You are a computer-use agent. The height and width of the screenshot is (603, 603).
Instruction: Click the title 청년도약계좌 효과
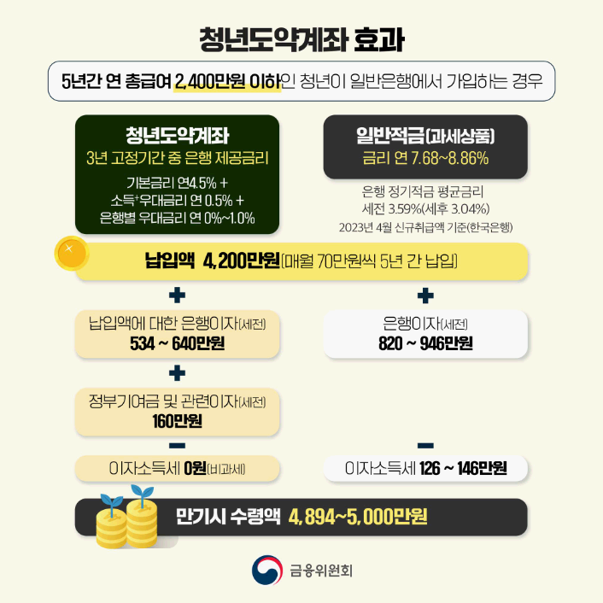[x=301, y=39]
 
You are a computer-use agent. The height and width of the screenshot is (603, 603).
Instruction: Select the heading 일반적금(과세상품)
[x=425, y=137]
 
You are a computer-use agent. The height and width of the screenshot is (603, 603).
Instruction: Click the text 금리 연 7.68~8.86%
[x=425, y=159]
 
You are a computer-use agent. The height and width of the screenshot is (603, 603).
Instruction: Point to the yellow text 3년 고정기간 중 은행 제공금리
[x=178, y=159]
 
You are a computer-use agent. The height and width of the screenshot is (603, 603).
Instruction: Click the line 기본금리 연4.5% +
[x=178, y=183]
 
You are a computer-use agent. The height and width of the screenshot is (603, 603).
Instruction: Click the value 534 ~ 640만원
[x=178, y=344]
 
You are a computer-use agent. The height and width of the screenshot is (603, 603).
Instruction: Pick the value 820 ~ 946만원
[x=425, y=344]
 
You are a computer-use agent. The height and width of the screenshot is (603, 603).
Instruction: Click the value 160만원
[x=178, y=420]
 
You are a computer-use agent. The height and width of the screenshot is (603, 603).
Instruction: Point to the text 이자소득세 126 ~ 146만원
[x=425, y=468]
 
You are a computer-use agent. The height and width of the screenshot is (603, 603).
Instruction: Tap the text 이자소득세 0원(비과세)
[x=178, y=468]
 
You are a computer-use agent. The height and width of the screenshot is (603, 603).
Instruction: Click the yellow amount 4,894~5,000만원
[x=358, y=517]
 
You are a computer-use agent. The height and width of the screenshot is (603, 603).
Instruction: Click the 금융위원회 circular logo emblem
[x=266, y=570]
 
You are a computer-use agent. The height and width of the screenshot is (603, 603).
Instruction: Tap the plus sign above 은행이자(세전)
[x=425, y=296]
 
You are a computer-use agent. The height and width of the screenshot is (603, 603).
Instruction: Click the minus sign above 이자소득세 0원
[x=178, y=445]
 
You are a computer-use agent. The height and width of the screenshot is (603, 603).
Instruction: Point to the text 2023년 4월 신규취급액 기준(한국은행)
[x=425, y=226]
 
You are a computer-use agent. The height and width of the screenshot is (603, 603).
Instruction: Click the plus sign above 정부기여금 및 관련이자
[x=178, y=372]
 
